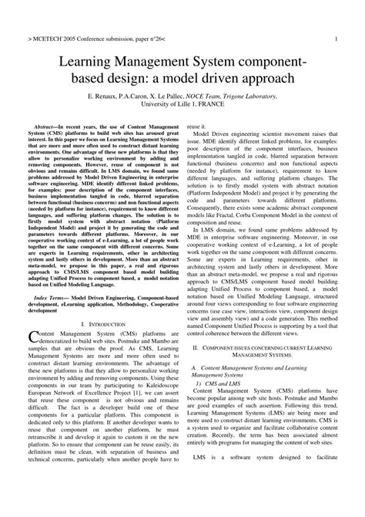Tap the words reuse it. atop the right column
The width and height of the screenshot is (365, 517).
(x=197, y=125)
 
